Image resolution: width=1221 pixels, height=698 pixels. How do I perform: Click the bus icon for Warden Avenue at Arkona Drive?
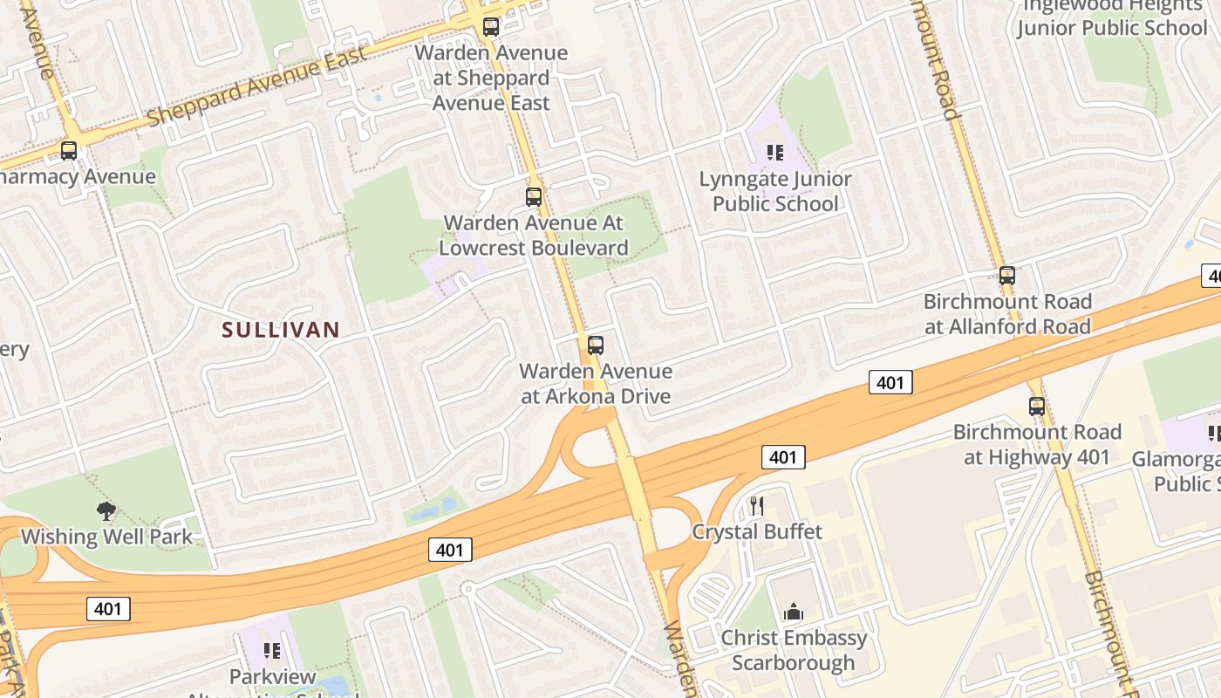[596, 346]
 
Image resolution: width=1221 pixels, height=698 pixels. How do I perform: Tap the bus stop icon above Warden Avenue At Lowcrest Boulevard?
[534, 197]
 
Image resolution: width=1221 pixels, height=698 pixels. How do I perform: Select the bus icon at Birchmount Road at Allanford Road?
[1007, 276]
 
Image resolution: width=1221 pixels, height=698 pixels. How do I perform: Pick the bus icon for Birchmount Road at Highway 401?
[1037, 407]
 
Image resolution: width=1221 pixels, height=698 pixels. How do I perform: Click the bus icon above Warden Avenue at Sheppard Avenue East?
[491, 27]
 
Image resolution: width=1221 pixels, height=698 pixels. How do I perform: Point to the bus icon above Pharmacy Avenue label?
[69, 151]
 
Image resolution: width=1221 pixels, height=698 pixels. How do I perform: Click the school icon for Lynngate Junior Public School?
[775, 154]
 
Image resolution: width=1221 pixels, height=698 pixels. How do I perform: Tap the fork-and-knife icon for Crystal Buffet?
[757, 506]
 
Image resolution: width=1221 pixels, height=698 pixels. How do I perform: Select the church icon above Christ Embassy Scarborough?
[794, 612]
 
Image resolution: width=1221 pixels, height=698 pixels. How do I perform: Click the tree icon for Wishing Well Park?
[106, 510]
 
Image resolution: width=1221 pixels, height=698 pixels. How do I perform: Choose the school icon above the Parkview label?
[272, 651]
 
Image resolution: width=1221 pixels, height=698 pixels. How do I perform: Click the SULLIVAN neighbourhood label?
[280, 330]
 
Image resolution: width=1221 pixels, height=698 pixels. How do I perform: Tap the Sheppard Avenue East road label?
[257, 86]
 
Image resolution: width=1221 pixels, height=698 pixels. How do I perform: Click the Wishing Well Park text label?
[106, 536]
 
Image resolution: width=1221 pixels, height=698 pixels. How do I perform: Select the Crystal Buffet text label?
[757, 531]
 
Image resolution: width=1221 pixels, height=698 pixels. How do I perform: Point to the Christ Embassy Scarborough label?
[794, 650]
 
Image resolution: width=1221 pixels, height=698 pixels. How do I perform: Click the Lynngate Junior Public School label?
[775, 191]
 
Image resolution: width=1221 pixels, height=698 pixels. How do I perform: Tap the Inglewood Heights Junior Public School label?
[1111, 17]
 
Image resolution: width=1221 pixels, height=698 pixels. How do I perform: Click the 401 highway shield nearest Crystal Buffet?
[782, 457]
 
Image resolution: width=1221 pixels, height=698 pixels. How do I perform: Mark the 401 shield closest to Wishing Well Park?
[108, 609]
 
